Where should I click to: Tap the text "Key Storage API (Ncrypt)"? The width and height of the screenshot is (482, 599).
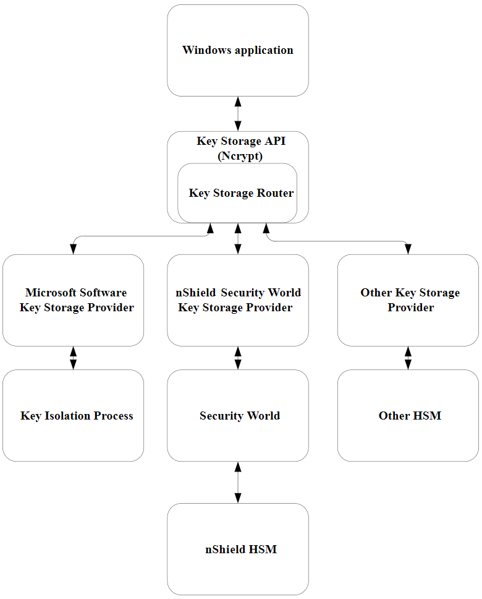coord(241,149)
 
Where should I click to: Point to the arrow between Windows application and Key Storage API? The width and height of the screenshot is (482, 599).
coord(238,114)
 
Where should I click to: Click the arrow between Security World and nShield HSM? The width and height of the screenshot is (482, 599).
coord(238,482)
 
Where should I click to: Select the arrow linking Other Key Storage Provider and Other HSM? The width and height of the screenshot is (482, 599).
coord(408,358)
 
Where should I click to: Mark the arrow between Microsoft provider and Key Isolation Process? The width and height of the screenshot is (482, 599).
coord(73,358)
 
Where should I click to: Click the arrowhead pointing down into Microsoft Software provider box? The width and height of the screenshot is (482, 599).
coord(73,249)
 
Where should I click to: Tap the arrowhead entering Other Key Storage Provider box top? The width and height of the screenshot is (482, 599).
coord(408,249)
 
